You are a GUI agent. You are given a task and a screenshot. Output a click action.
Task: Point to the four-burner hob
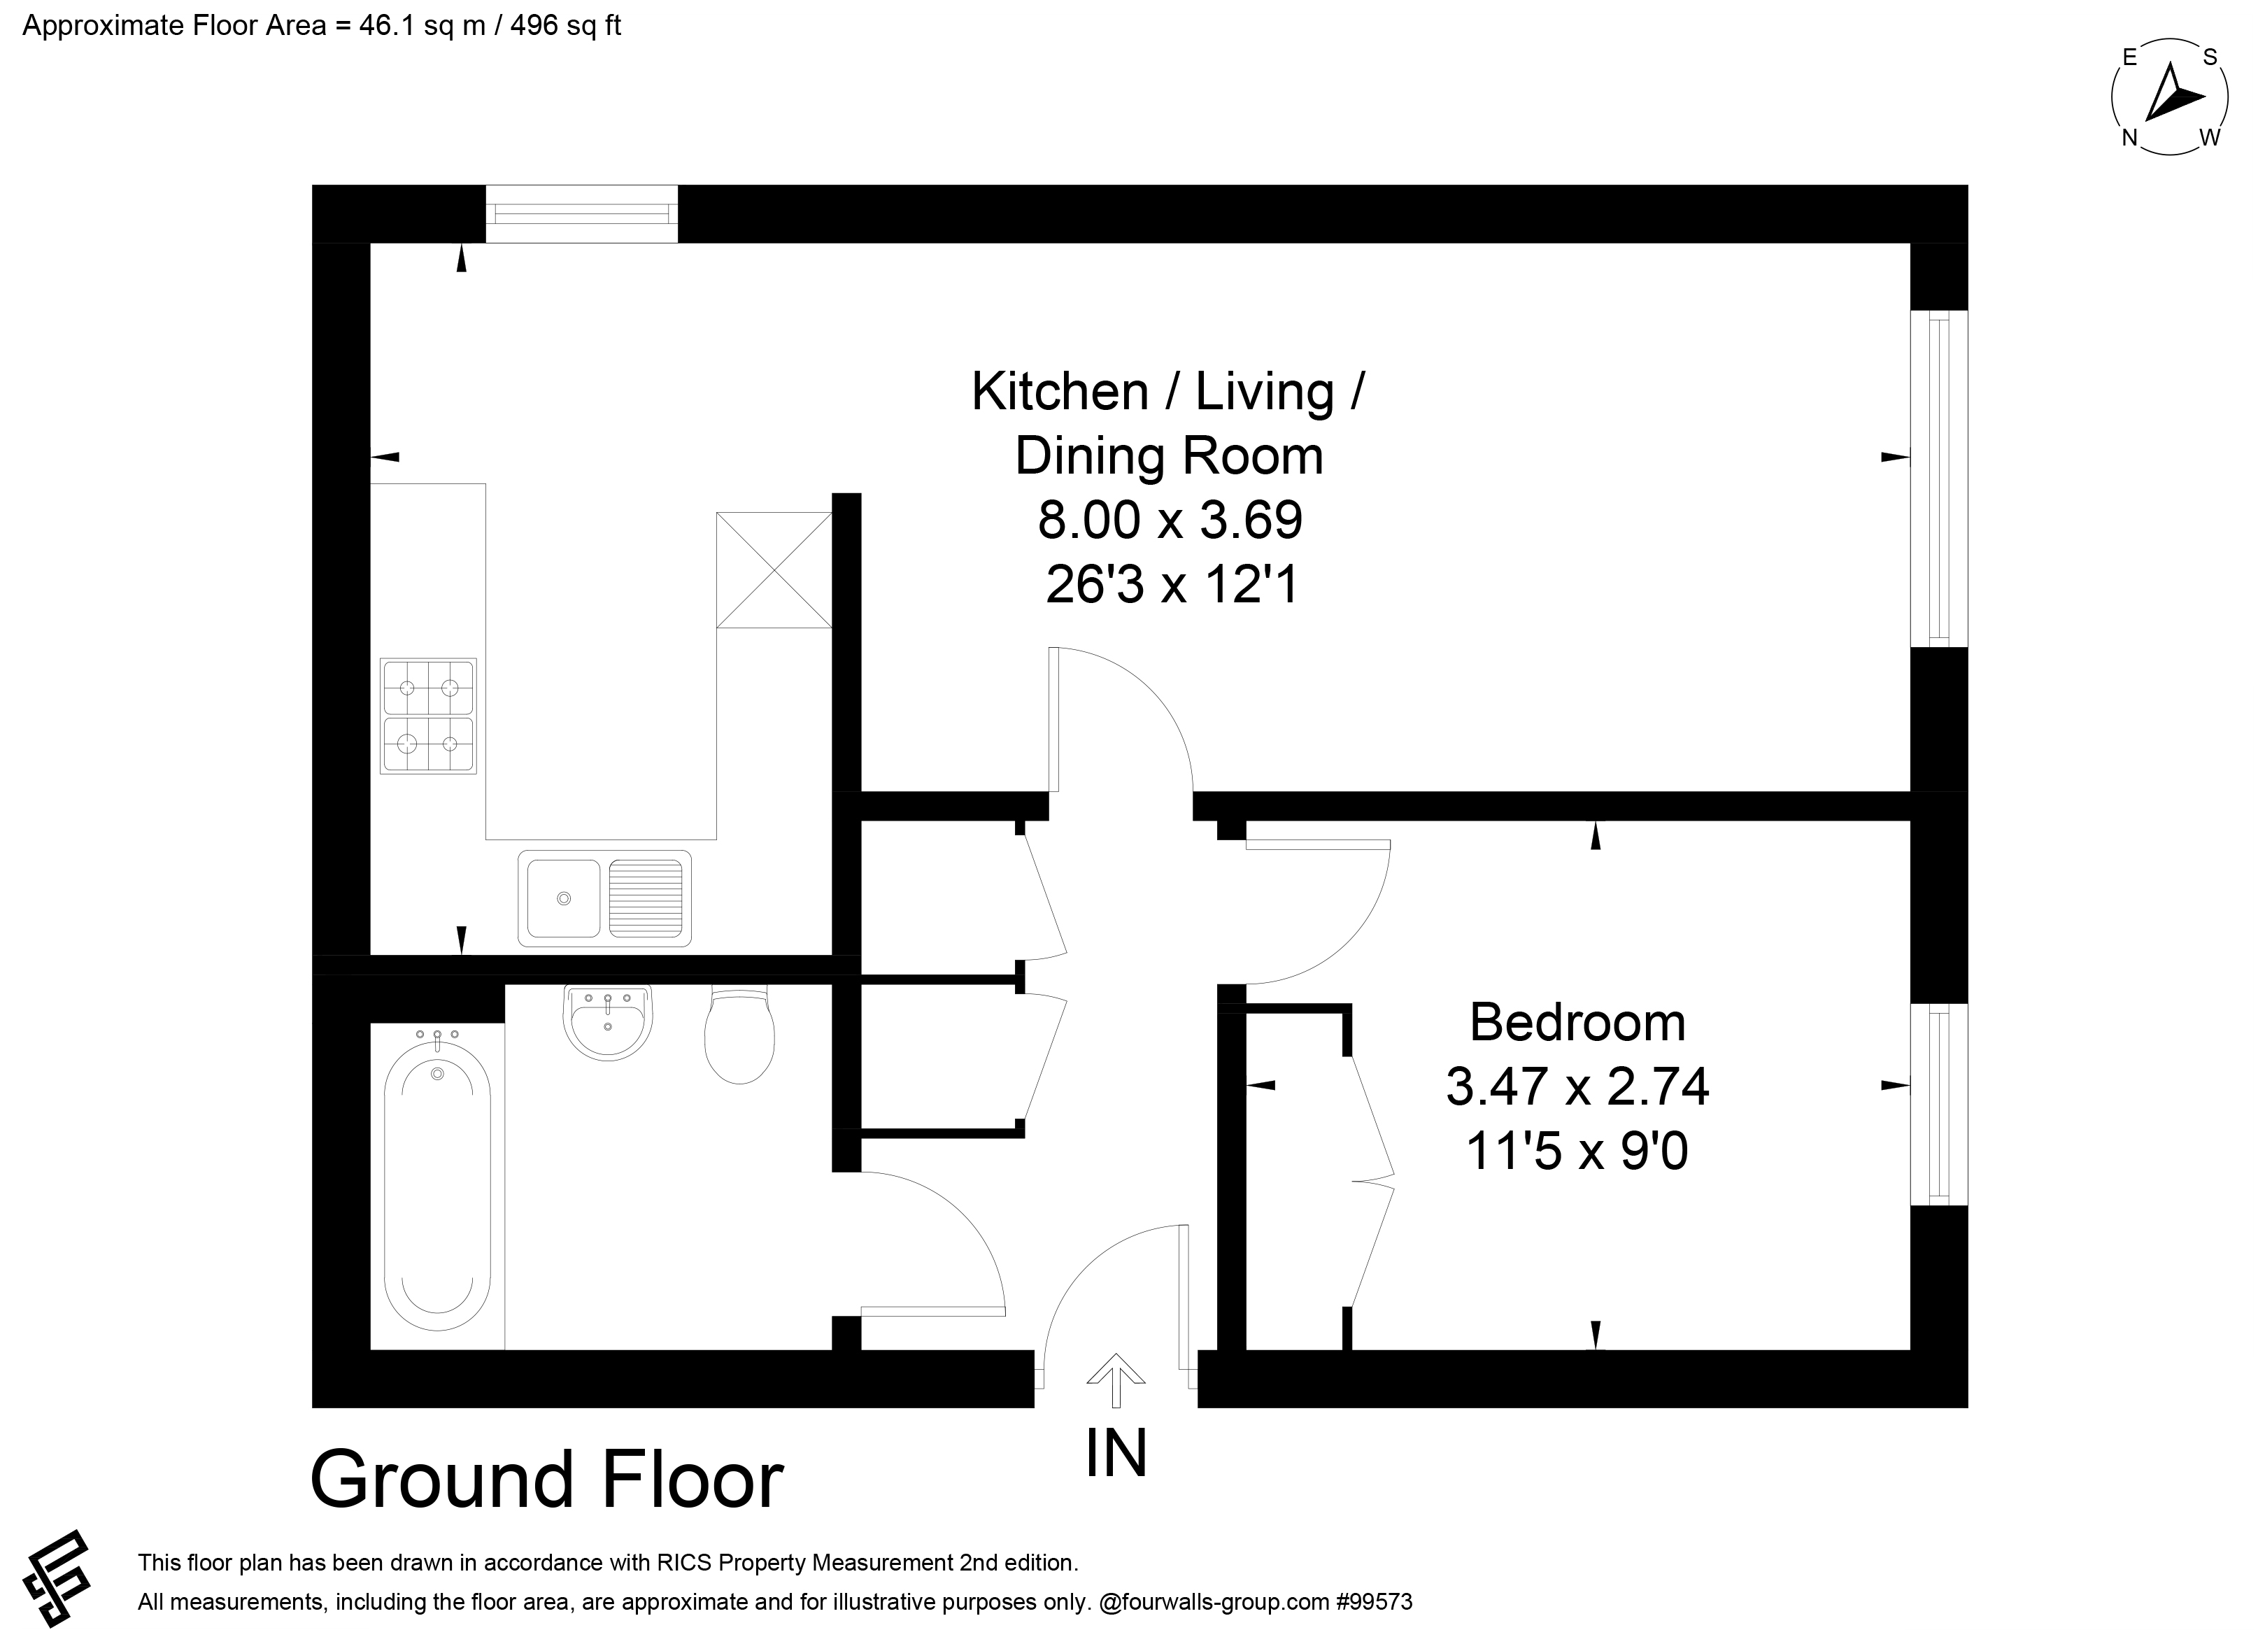click(x=428, y=716)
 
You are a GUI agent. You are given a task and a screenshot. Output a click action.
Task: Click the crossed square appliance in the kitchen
click(x=774, y=569)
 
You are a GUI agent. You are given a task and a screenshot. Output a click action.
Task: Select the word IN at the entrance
click(x=1116, y=1453)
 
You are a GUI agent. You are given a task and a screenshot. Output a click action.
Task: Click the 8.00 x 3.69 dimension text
click(x=1170, y=520)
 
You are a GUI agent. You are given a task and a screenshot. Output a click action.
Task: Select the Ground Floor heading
click(x=548, y=1480)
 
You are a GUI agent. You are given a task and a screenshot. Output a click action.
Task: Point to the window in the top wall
click(x=581, y=213)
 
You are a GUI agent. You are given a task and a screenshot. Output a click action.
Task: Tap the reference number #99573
click(x=1374, y=1602)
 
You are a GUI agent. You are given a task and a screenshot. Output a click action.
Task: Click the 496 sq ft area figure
click(x=565, y=25)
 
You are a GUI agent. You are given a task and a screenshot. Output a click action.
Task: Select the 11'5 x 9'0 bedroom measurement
click(x=1577, y=1152)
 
